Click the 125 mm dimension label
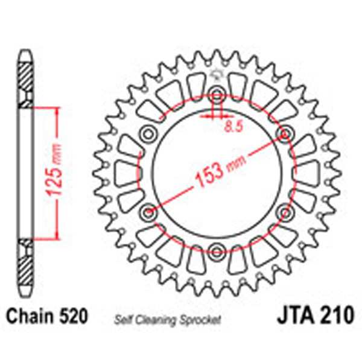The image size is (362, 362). point(55,175)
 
